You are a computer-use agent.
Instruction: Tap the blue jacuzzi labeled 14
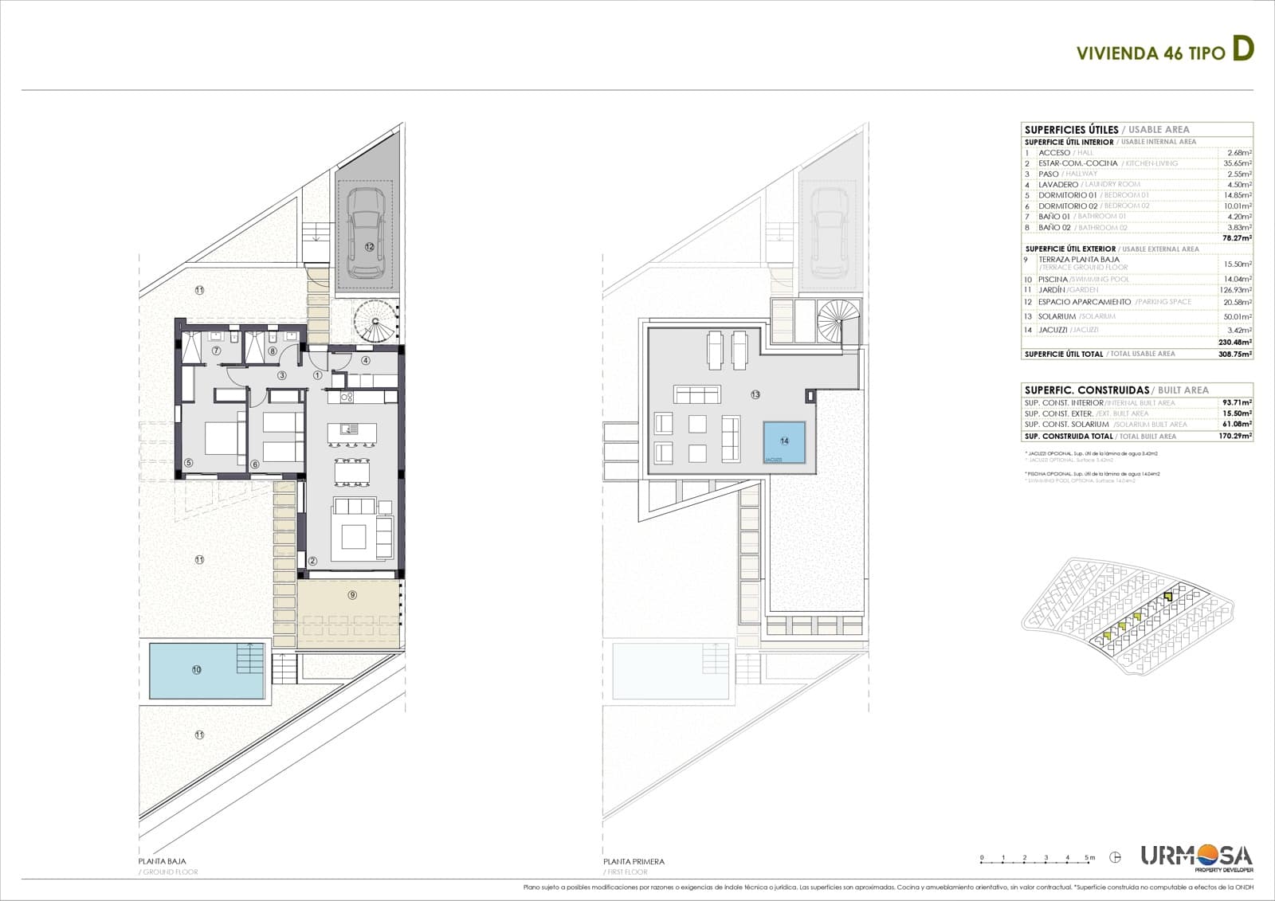point(785,442)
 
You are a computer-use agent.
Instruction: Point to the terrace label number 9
point(352,594)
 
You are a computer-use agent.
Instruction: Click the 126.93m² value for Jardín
point(1236,290)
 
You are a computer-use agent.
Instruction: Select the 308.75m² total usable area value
point(1235,354)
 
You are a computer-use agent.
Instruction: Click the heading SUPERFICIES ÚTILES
point(1071,129)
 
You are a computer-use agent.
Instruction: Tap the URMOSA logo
point(1196,858)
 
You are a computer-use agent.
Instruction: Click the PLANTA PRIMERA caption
point(634,861)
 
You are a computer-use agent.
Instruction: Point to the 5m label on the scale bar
point(1089,858)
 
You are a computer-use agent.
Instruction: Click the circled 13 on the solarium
point(755,394)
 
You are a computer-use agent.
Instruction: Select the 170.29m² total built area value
point(1236,436)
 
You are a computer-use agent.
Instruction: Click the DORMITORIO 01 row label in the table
point(1067,195)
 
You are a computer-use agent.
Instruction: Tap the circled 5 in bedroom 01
point(189,463)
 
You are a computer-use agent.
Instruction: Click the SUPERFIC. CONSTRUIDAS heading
point(1086,390)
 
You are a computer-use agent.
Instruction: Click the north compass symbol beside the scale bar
point(1116,858)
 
